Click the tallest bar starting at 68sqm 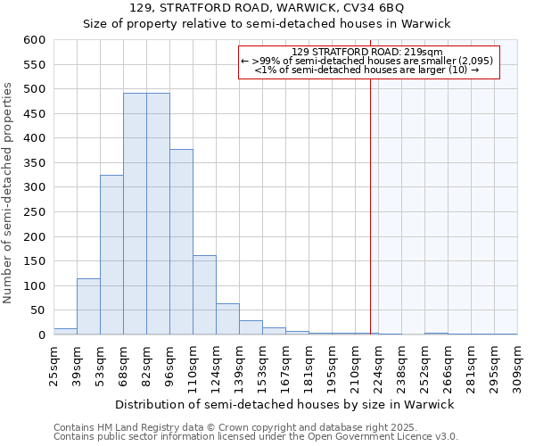tap(135, 214)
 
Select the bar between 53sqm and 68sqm tap(111, 255)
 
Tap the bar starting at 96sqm tap(181, 243)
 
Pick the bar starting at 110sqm tap(204, 295)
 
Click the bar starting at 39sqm tap(88, 307)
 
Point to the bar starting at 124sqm tap(227, 319)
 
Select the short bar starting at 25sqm tap(65, 332)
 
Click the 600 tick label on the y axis tap(34, 40)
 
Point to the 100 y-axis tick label tap(34, 286)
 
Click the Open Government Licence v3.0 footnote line tap(256, 437)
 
